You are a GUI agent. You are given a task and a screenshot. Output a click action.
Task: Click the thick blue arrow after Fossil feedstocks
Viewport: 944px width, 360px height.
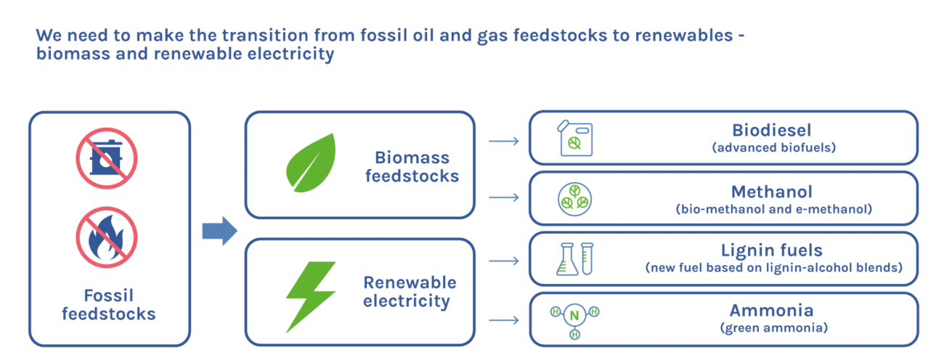tap(218, 232)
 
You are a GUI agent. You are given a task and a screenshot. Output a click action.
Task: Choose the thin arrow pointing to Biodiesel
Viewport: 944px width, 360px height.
tap(504, 142)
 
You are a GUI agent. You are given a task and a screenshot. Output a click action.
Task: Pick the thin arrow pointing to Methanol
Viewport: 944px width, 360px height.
tap(504, 197)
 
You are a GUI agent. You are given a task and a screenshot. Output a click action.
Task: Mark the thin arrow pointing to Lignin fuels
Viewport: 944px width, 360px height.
tap(504, 259)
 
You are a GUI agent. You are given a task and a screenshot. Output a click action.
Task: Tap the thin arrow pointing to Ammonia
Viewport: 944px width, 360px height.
tap(504, 320)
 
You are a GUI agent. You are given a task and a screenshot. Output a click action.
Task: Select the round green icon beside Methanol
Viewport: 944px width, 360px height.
tap(574, 198)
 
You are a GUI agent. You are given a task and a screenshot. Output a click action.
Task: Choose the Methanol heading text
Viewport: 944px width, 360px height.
tap(772, 192)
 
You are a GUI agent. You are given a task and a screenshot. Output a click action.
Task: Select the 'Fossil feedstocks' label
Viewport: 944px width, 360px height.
tap(109, 304)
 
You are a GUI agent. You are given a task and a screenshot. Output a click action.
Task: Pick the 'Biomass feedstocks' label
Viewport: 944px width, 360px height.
tap(412, 167)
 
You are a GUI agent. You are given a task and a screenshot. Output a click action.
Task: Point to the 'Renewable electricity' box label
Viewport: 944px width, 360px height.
tap(409, 291)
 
